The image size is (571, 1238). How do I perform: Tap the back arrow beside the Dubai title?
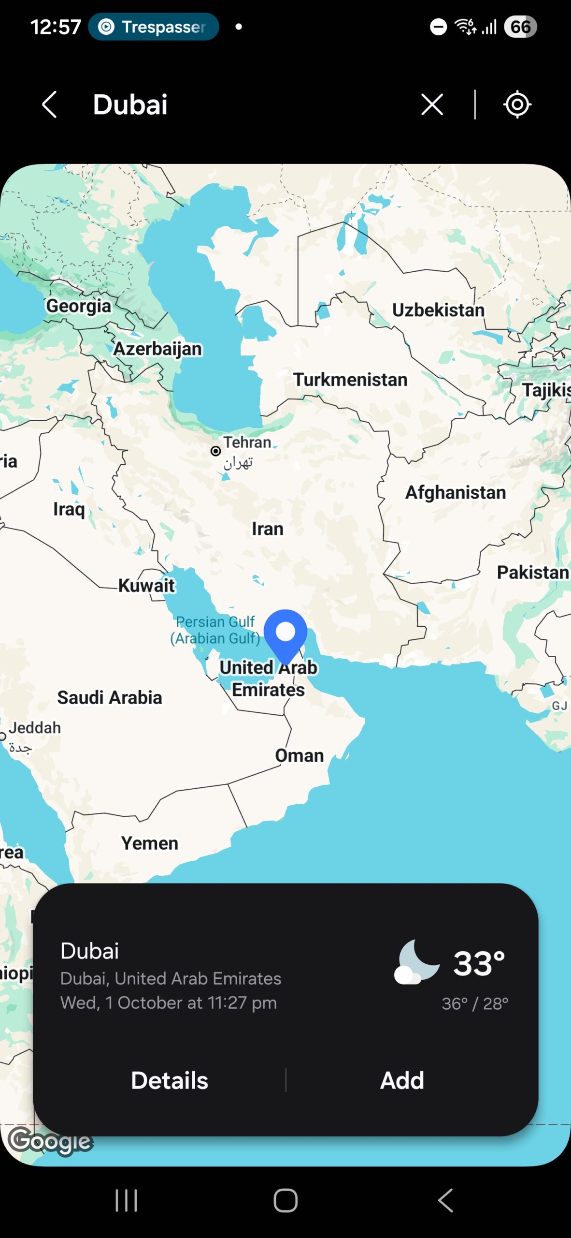pyautogui.click(x=49, y=104)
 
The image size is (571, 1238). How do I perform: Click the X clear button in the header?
pyautogui.click(x=432, y=104)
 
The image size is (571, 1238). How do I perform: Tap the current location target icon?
pyautogui.click(x=517, y=104)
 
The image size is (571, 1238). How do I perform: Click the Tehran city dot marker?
pyautogui.click(x=215, y=451)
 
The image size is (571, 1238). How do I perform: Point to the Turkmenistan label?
pyautogui.click(x=350, y=380)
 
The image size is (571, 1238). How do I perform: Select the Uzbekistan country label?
pyautogui.click(x=438, y=310)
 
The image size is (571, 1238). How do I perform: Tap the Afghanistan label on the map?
pyautogui.click(x=456, y=492)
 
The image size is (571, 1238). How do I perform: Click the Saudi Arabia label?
pyautogui.click(x=110, y=697)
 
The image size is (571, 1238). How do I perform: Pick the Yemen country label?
pyautogui.click(x=150, y=843)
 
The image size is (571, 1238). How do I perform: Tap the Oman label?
pyautogui.click(x=300, y=755)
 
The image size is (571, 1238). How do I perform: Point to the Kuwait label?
pyautogui.click(x=146, y=585)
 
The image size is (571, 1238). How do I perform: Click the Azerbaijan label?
pyautogui.click(x=157, y=349)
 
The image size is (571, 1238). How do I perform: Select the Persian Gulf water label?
pyautogui.click(x=215, y=630)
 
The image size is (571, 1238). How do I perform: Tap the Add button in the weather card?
pyautogui.click(x=402, y=1080)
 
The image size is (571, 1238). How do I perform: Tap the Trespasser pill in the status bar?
pyautogui.click(x=154, y=27)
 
